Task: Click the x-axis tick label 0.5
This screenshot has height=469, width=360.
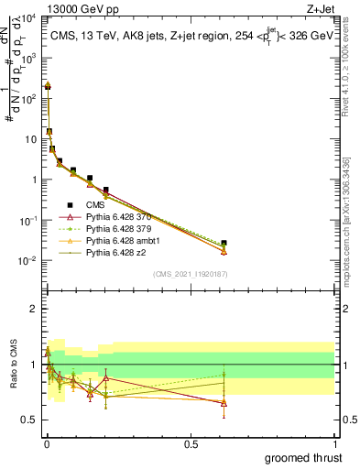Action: click(x=191, y=442)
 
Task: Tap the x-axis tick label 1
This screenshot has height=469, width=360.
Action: click(x=335, y=442)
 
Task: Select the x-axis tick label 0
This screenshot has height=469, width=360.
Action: click(x=47, y=442)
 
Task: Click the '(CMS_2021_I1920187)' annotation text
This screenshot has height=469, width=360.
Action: click(x=191, y=274)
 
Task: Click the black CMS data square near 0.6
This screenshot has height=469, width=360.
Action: click(x=224, y=243)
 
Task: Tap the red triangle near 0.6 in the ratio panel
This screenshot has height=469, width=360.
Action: click(x=224, y=403)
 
